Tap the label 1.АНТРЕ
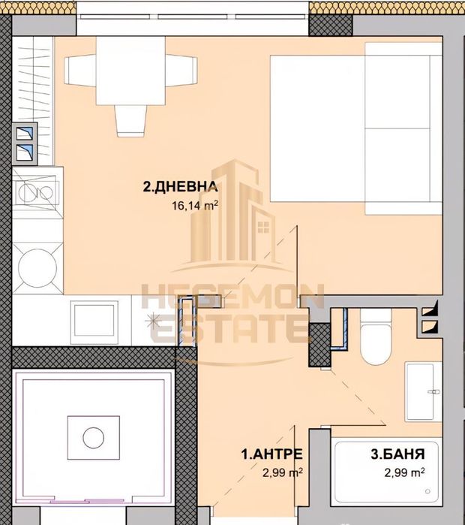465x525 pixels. coord(271,454)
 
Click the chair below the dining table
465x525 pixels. coord(130,119)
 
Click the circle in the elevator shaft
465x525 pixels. coord(94,436)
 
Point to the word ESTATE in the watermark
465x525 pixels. coord(228,330)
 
